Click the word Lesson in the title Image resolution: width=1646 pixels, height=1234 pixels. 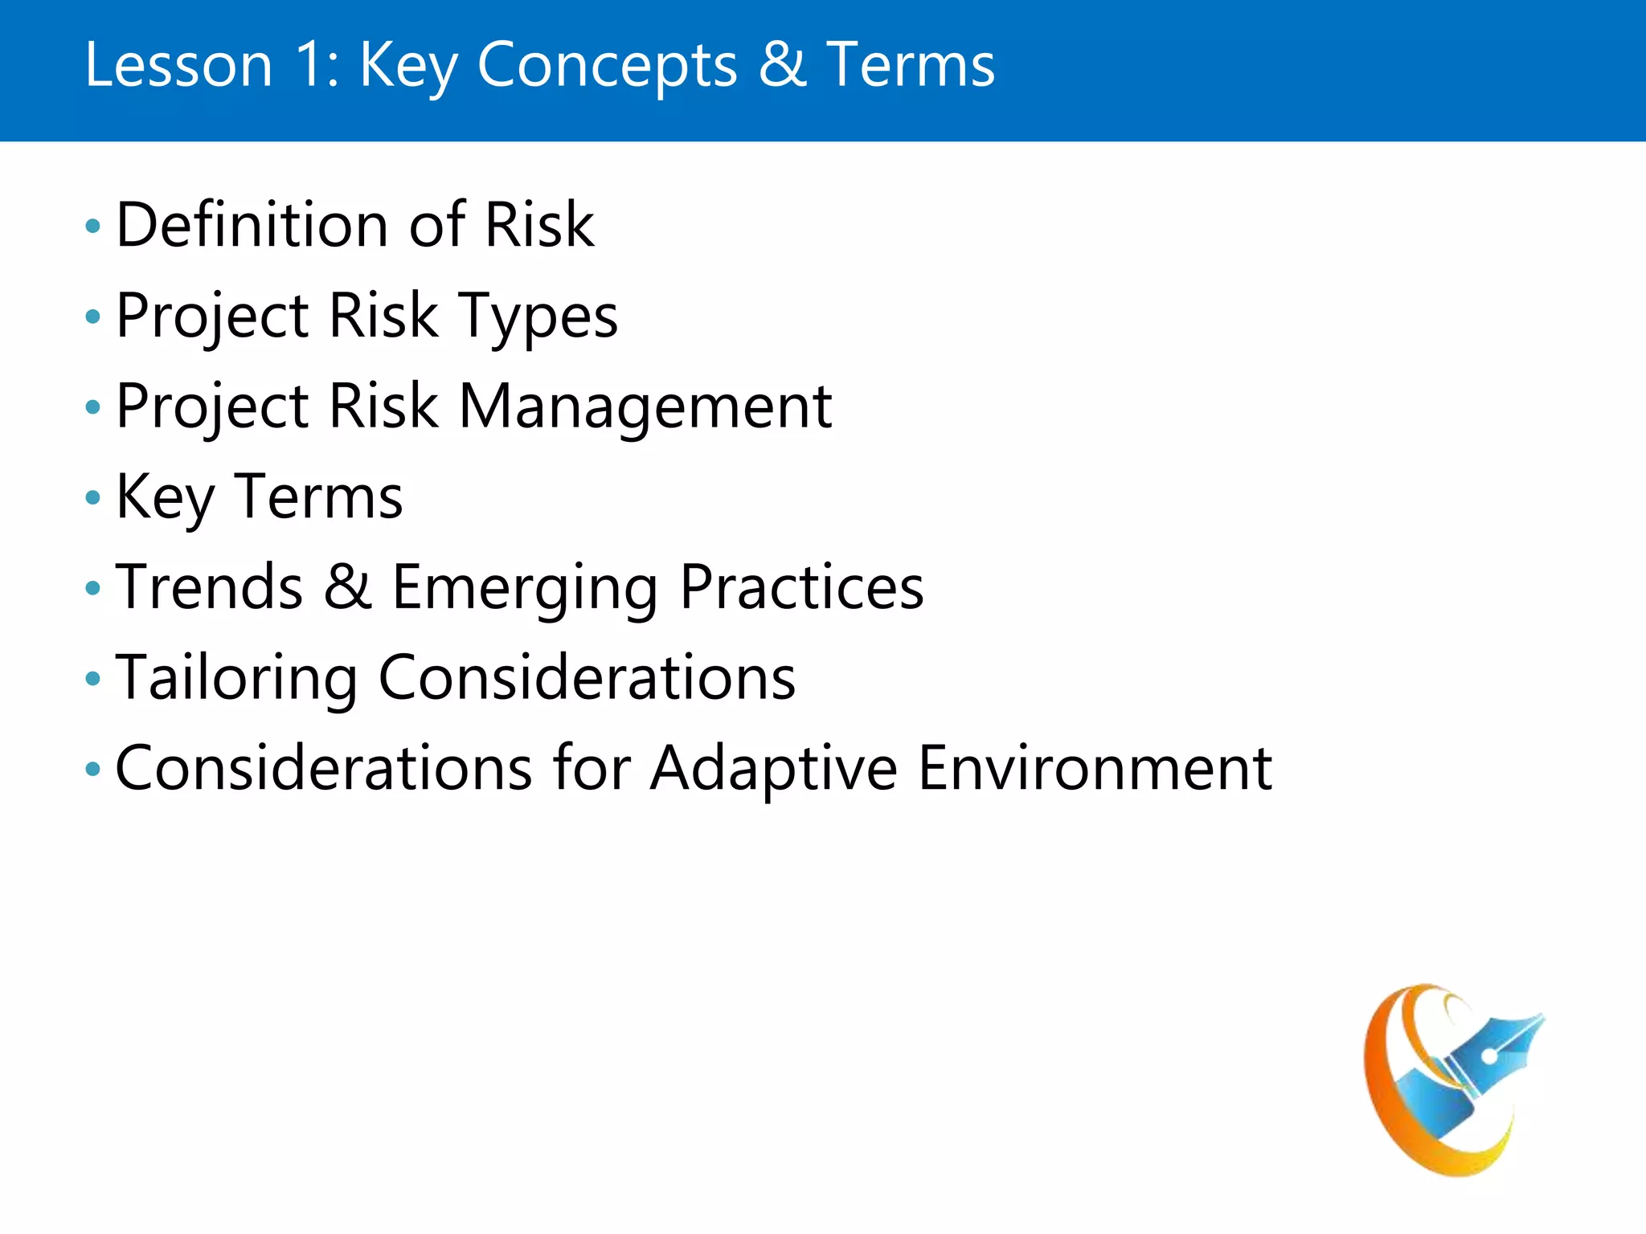point(178,65)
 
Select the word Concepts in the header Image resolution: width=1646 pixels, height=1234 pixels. point(607,65)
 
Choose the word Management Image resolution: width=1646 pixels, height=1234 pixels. point(645,407)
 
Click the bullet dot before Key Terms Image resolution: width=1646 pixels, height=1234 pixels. point(93,498)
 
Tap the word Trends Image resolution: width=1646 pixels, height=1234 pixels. point(210,587)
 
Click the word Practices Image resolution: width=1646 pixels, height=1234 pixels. point(801,587)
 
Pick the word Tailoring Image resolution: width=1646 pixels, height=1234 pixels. point(236,678)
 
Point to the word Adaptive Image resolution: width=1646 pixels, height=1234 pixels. point(773,769)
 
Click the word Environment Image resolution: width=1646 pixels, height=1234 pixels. point(1095,769)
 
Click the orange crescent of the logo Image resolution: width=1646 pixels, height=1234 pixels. point(1384,1085)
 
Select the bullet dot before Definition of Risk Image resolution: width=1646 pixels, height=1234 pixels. point(93,226)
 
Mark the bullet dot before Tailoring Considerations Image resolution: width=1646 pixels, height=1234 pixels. point(93,679)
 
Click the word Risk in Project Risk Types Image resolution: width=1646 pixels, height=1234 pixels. point(383,316)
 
